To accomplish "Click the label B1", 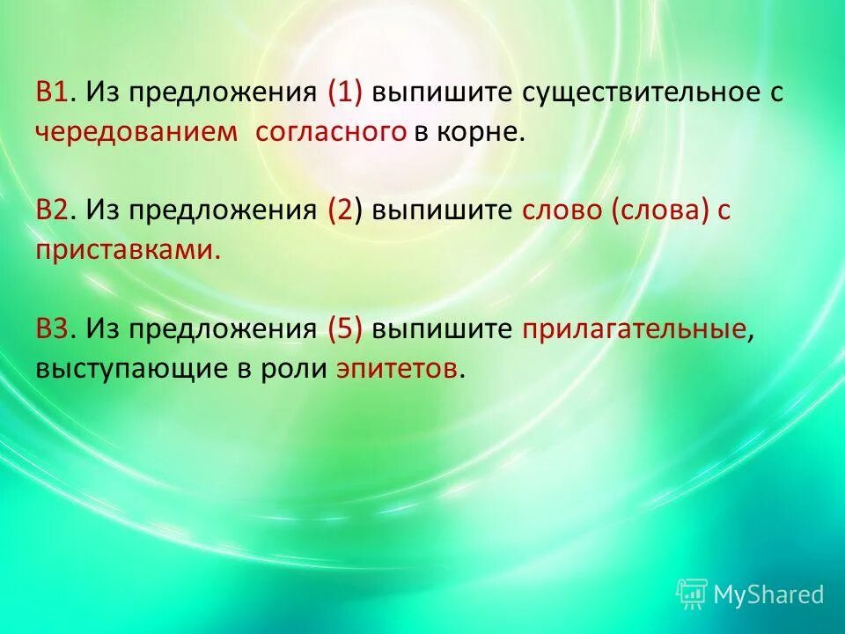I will point(54,93).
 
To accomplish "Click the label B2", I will point(54,211).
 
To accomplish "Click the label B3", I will point(54,330).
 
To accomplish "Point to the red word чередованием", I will point(137,133).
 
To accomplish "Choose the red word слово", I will point(559,211).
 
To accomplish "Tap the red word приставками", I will point(127,251).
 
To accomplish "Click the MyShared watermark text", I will point(768,594).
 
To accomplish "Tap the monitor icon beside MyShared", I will point(692,594).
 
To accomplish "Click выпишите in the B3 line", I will point(442,330).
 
